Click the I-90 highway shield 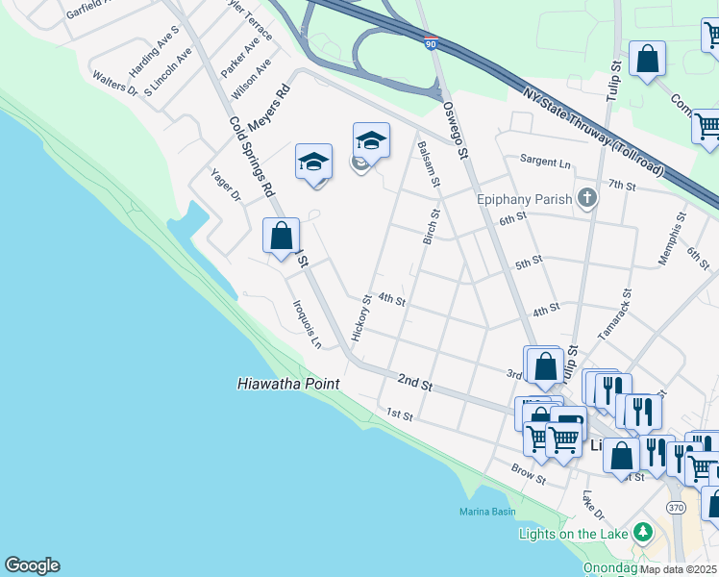(x=430, y=42)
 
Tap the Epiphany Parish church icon (x=586, y=200)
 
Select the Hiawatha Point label (x=288, y=384)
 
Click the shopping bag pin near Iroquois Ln (x=281, y=236)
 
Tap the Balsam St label (x=429, y=163)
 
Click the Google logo (x=32, y=565)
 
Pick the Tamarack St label (x=615, y=314)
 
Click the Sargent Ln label (x=545, y=161)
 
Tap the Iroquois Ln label (x=307, y=323)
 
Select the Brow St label (x=529, y=475)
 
